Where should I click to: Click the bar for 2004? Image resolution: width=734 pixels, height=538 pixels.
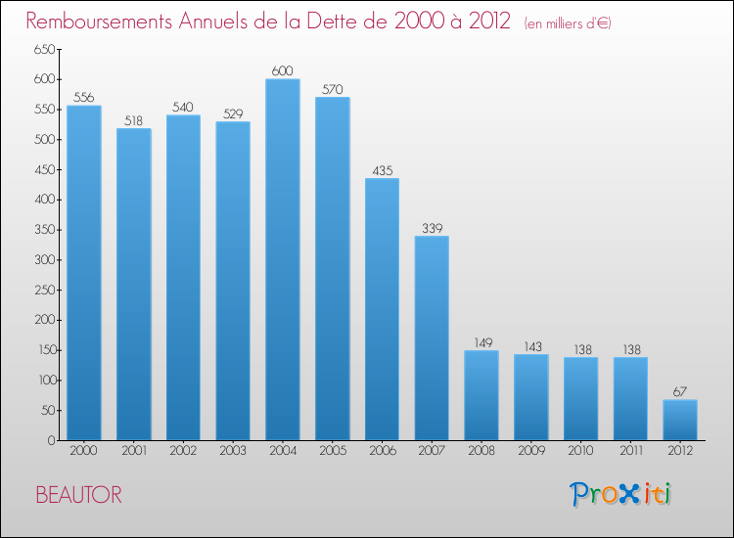pyautogui.click(x=283, y=259)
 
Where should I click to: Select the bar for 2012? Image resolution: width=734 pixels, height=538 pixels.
pyautogui.click(x=680, y=420)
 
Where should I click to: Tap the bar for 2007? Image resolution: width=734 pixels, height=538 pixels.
pyautogui.click(x=432, y=337)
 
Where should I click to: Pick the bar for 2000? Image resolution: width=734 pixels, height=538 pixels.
pyautogui.click(x=84, y=273)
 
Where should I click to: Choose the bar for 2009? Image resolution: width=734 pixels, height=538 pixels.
pyautogui.click(x=531, y=397)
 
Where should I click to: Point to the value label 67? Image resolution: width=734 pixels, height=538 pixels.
pyautogui.click(x=680, y=390)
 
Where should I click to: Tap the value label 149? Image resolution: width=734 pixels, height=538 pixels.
pyautogui.click(x=482, y=341)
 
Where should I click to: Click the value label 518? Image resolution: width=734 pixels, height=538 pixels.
pyautogui.click(x=133, y=121)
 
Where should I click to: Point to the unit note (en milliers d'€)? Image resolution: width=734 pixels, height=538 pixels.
pyautogui.click(x=568, y=23)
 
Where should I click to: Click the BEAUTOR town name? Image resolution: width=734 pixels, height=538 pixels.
pyautogui.click(x=79, y=495)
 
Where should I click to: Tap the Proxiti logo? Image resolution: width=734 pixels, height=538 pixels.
pyautogui.click(x=621, y=494)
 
